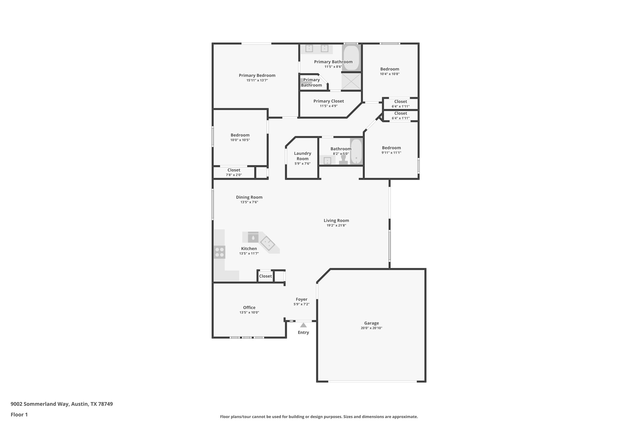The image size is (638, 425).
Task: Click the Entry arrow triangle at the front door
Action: (x=303, y=325)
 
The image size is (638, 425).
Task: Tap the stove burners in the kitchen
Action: (x=219, y=252)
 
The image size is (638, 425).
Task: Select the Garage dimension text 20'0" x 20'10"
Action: (x=371, y=328)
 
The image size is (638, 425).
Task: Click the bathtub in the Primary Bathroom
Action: (x=351, y=58)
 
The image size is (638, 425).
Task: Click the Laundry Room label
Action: (x=302, y=156)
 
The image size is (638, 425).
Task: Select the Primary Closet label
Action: (x=328, y=101)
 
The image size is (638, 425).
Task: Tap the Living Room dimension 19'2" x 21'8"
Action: (x=336, y=225)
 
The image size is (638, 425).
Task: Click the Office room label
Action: (x=249, y=308)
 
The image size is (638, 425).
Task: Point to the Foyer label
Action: (x=301, y=299)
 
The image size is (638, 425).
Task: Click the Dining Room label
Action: (x=249, y=197)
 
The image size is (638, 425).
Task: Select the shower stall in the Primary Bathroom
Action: (x=351, y=81)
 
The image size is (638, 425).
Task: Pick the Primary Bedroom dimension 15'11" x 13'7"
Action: (x=257, y=80)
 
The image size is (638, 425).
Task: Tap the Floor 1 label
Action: (x=19, y=415)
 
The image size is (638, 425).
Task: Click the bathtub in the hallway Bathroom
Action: (x=356, y=152)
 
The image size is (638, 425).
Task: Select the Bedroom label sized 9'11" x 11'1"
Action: (x=391, y=148)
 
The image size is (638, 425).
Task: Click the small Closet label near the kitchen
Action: (x=265, y=276)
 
